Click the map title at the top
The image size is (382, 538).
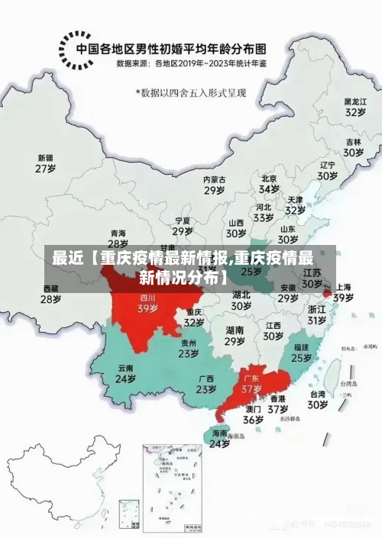176,47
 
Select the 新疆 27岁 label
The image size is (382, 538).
47,163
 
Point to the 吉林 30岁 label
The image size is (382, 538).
352,147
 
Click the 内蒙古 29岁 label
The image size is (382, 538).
215,185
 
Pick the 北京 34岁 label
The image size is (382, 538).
269,183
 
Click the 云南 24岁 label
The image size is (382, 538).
125,373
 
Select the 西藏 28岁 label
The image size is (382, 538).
50,295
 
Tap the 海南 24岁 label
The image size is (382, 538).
220,437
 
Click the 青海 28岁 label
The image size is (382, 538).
118,239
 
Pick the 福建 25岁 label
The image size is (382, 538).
301,352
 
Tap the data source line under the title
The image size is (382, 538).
192,64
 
